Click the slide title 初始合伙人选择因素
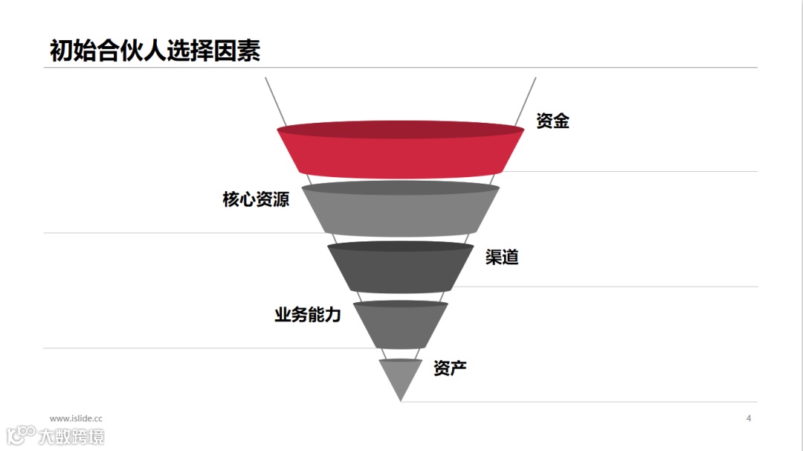(x=155, y=51)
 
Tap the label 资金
(x=552, y=121)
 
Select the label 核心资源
(x=256, y=199)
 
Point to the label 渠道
(x=502, y=258)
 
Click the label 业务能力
(x=307, y=315)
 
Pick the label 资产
(x=450, y=368)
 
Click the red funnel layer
(x=401, y=158)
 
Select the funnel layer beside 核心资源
(x=401, y=216)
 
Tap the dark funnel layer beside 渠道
(x=401, y=272)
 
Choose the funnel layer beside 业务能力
(x=401, y=327)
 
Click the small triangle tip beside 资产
(x=401, y=377)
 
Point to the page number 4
(x=749, y=418)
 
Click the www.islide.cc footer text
(x=76, y=419)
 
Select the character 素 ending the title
(x=248, y=51)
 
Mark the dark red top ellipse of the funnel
(x=401, y=129)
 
